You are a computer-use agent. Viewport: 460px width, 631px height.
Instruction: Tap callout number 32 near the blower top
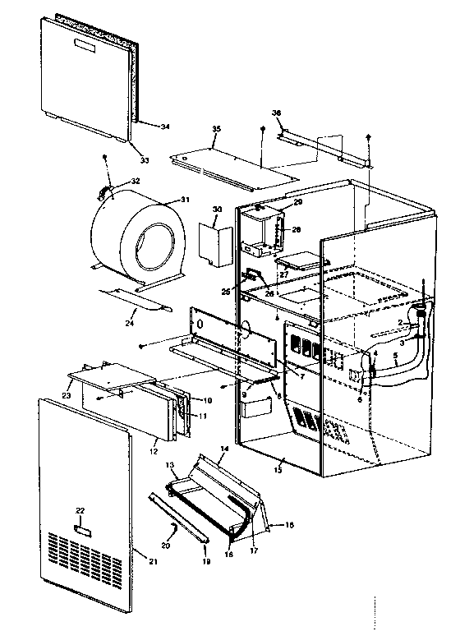136,181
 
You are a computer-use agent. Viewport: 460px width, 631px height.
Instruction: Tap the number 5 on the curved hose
395,357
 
